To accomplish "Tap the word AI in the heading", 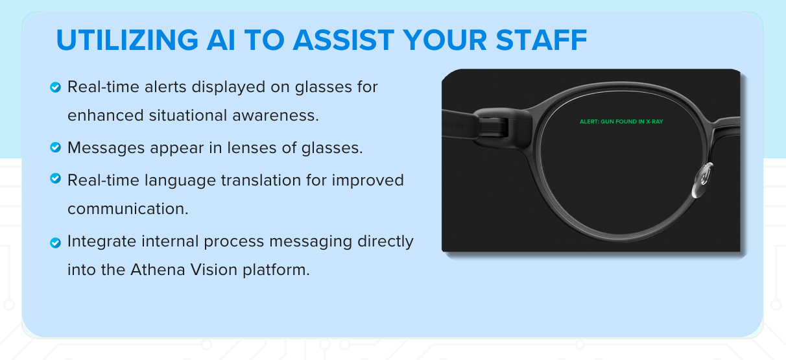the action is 220,40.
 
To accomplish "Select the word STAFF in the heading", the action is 542,40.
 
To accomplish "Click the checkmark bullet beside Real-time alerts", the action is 55,87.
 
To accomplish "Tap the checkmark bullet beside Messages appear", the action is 55,147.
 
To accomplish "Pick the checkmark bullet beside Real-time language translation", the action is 55,178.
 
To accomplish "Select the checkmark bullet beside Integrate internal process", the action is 55,243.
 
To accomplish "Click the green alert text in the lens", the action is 621,122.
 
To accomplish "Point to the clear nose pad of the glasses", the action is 703,180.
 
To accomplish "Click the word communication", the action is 128,209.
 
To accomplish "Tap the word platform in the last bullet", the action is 276,270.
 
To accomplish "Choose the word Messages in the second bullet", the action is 106,148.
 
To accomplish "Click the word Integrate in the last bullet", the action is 102,241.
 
